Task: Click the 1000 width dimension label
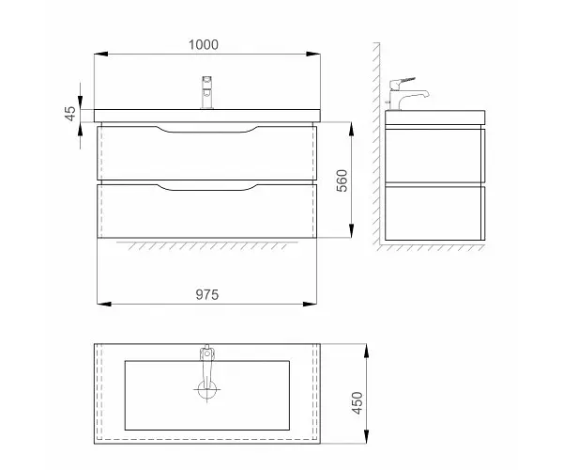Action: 204,45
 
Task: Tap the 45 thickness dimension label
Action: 70,114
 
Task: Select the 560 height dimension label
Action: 342,180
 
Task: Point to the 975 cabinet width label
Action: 206,295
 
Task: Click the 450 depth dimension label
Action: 358,402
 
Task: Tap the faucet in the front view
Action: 207,92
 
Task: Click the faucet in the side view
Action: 406,93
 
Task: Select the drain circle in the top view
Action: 206,389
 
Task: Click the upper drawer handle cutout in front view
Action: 206,130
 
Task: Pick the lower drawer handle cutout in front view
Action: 206,187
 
